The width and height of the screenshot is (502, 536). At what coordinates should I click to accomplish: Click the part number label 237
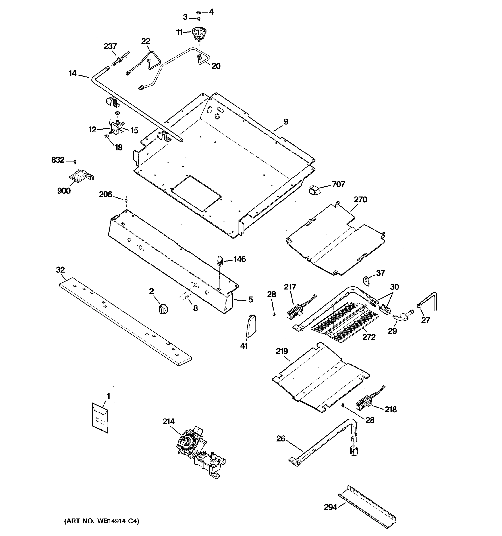pos(110,46)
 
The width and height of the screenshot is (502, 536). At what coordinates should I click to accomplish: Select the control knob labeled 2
pos(163,308)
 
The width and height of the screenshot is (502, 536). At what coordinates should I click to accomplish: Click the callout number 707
pos(338,184)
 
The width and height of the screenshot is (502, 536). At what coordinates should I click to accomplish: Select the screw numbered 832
pos(75,161)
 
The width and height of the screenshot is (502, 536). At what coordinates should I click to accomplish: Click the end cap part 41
pos(251,326)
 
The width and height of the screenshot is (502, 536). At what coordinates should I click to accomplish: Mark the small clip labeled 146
pos(220,260)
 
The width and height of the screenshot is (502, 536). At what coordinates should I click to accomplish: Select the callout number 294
pos(330,507)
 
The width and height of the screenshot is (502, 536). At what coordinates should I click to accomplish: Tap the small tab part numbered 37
pos(366,281)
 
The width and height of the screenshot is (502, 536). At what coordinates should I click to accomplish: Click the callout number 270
pos(360,199)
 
